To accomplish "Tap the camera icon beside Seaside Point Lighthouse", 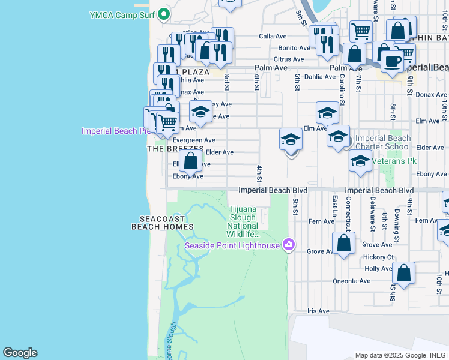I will (x=289, y=244).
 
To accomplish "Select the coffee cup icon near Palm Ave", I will (x=392, y=61).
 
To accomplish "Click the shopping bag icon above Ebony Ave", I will (x=190, y=161).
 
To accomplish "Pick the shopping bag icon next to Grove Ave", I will (x=343, y=243).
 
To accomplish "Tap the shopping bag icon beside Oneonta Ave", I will (x=404, y=272).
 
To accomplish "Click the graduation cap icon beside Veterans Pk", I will (x=360, y=160).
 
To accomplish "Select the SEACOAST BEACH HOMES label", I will (x=163, y=223).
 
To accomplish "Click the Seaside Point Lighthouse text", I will (x=232, y=245).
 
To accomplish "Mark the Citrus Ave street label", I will (x=289, y=59).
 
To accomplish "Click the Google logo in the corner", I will (x=20, y=353).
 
